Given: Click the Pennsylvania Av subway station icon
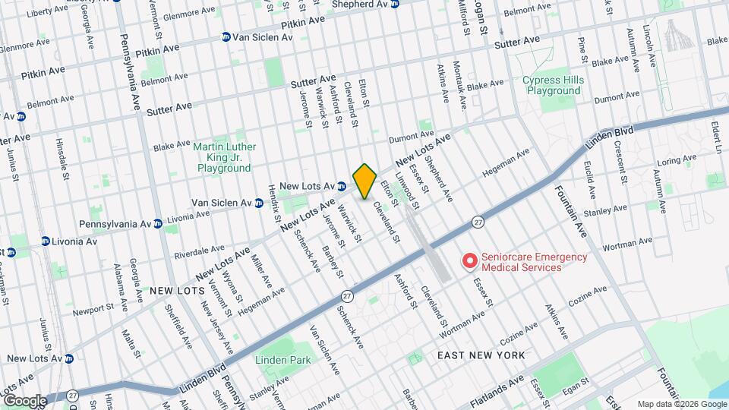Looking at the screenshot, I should point(157,224).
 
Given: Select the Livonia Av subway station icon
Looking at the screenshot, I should point(46,241).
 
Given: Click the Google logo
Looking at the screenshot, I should point(25,400).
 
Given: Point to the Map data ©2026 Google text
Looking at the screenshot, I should point(681,403).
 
